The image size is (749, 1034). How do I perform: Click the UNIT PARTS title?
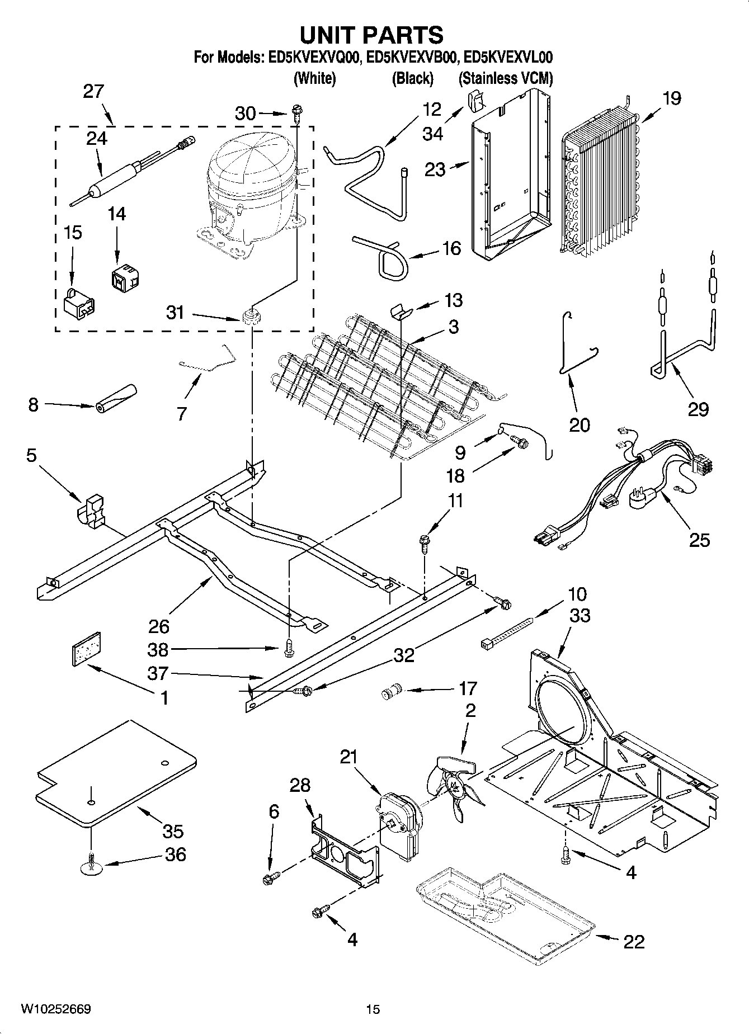[372, 35]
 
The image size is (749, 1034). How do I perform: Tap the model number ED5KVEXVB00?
[412, 57]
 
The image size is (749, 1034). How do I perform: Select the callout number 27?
[93, 91]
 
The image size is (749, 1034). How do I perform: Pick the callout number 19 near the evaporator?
[672, 98]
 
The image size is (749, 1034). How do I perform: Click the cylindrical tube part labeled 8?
[116, 398]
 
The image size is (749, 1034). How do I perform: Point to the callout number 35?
[173, 831]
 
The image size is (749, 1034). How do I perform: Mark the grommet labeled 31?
[252, 317]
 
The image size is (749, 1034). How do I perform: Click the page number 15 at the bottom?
[373, 1009]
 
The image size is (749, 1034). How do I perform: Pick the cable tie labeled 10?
[506, 633]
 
